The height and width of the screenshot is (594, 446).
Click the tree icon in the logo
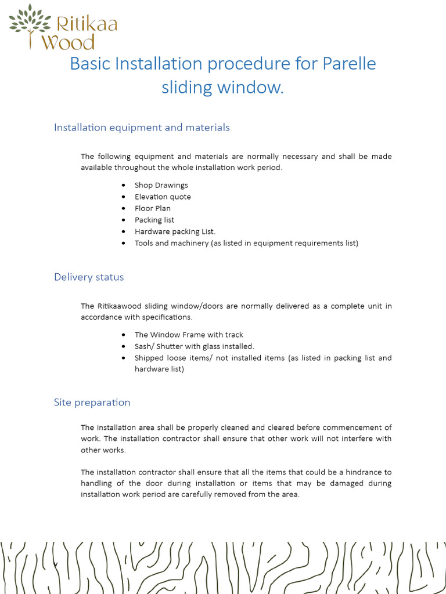30,21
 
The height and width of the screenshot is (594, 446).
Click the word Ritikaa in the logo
87,24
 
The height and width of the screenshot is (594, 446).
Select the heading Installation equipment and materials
142,128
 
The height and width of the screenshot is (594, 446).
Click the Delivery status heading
89,277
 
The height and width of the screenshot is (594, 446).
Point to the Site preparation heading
92,403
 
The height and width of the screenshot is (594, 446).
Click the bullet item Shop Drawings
161,186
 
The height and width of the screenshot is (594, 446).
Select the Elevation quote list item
163,197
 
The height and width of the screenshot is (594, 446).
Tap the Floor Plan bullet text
152,209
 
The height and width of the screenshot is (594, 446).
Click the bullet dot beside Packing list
124,220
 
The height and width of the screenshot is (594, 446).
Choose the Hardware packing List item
175,232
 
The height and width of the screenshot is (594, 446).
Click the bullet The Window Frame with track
189,335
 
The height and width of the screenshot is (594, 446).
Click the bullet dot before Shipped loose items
124,358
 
